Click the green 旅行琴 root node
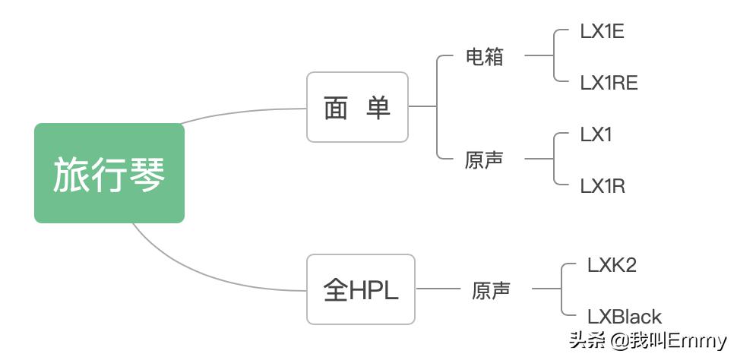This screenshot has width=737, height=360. point(109,173)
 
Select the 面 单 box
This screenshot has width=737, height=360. point(357,107)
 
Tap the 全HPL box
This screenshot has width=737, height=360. point(361,289)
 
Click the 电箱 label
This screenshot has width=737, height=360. point(484,56)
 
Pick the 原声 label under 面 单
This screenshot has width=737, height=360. point(484,159)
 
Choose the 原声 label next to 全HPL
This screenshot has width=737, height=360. point(491,289)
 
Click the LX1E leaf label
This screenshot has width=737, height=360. point(603,32)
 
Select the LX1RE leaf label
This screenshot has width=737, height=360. point(609,82)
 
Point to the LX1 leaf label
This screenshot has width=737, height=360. point(596,134)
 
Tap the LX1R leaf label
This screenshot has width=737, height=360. point(603,185)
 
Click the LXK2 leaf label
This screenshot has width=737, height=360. point(612,265)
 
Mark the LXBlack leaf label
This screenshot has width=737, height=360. point(624,316)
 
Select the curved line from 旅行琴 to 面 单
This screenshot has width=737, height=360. point(243,112)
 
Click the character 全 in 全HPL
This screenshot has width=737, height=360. point(335,290)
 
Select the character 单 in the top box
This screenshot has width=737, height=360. point(378,108)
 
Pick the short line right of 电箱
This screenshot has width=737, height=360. point(539,55)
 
